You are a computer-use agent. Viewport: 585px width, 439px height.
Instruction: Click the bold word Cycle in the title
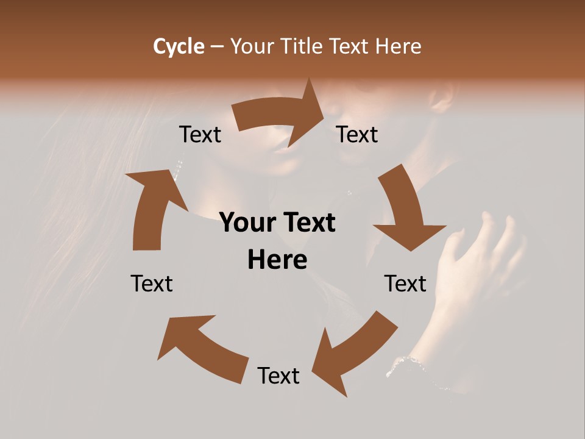click(179, 46)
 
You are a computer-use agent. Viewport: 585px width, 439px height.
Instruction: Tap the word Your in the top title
click(252, 46)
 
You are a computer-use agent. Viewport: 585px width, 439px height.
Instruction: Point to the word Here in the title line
click(398, 46)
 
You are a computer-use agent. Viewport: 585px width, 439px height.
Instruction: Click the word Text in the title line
click(350, 46)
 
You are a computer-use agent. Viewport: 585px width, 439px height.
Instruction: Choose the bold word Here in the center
click(277, 260)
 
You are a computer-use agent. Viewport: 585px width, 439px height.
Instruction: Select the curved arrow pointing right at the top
click(280, 113)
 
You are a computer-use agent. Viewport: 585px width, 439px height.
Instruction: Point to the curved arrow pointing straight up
click(152, 207)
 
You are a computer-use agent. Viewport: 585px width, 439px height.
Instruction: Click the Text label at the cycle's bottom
click(278, 376)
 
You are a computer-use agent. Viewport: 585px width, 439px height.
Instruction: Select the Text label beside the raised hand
click(405, 284)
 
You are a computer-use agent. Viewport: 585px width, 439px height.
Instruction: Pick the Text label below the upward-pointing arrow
click(152, 284)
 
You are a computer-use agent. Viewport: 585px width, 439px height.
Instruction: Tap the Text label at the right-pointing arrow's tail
click(200, 134)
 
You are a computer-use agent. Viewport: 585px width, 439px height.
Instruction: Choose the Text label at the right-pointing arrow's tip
click(357, 134)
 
